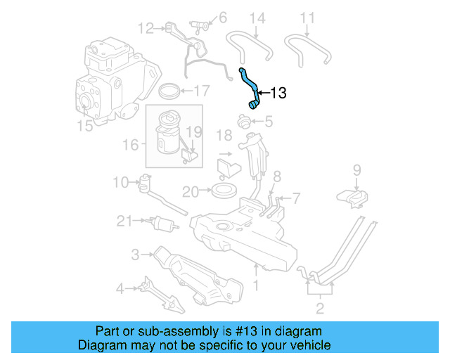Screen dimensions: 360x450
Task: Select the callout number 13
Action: pyautogui.click(x=278, y=93)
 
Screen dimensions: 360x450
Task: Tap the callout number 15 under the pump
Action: pyautogui.click(x=84, y=127)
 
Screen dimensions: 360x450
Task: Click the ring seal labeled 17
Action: pyautogui.click(x=169, y=91)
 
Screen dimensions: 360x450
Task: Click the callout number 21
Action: pyautogui.click(x=124, y=221)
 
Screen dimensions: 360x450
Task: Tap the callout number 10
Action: pyautogui.click(x=120, y=183)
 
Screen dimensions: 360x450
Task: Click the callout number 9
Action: pyautogui.click(x=356, y=169)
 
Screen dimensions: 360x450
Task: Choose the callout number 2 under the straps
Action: pyautogui.click(x=319, y=307)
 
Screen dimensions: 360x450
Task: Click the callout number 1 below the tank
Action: pyautogui.click(x=257, y=285)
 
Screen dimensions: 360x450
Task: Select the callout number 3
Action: pyautogui.click(x=135, y=253)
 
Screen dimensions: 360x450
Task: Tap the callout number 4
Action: pyautogui.click(x=120, y=287)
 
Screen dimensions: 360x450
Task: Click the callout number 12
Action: pyautogui.click(x=146, y=28)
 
